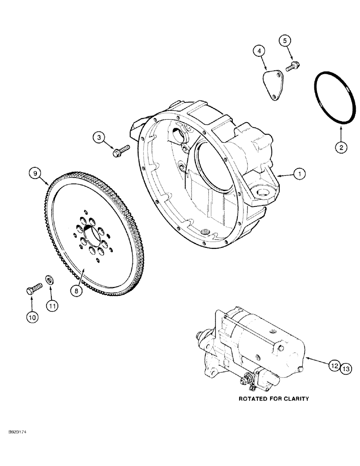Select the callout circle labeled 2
(340, 147)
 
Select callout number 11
(52, 306)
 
